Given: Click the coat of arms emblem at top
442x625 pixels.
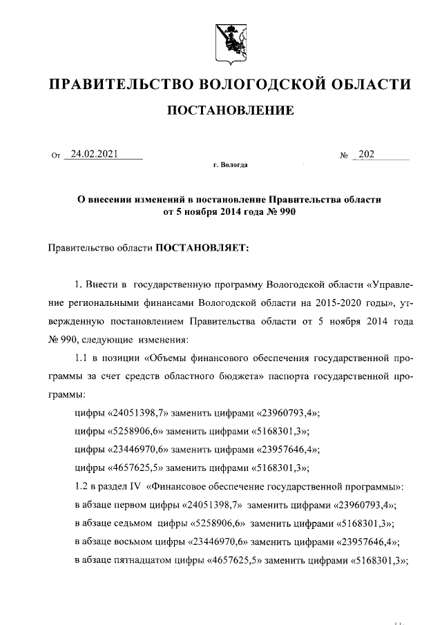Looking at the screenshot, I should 229,39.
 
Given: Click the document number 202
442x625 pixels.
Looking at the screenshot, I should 367,154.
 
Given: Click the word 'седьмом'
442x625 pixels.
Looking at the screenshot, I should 135,522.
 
